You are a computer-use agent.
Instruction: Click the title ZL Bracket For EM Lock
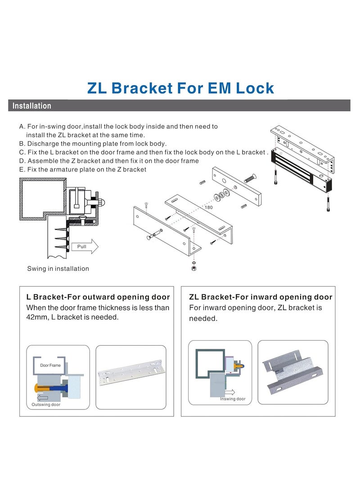(180, 88)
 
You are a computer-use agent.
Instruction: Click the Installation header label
(31, 106)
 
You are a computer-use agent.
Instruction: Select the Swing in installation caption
(58, 269)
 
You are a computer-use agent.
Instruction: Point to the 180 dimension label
(208, 207)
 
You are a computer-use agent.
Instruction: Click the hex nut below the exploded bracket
(193, 268)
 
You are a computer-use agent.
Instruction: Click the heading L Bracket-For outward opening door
(98, 297)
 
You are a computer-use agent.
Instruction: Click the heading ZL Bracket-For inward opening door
(261, 297)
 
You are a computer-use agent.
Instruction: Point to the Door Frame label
(50, 365)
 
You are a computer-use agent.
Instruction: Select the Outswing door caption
(46, 405)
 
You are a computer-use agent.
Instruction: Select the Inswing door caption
(233, 399)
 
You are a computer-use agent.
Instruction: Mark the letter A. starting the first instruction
(22, 127)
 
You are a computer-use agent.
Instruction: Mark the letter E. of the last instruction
(22, 170)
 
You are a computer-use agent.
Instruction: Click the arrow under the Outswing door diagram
(42, 397)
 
